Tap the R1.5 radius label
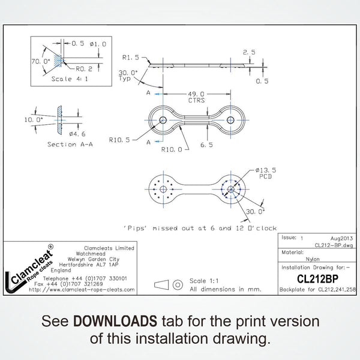(x=130, y=58)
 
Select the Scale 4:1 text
(x=70, y=79)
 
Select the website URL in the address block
(x=82, y=289)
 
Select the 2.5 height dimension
(x=249, y=53)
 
